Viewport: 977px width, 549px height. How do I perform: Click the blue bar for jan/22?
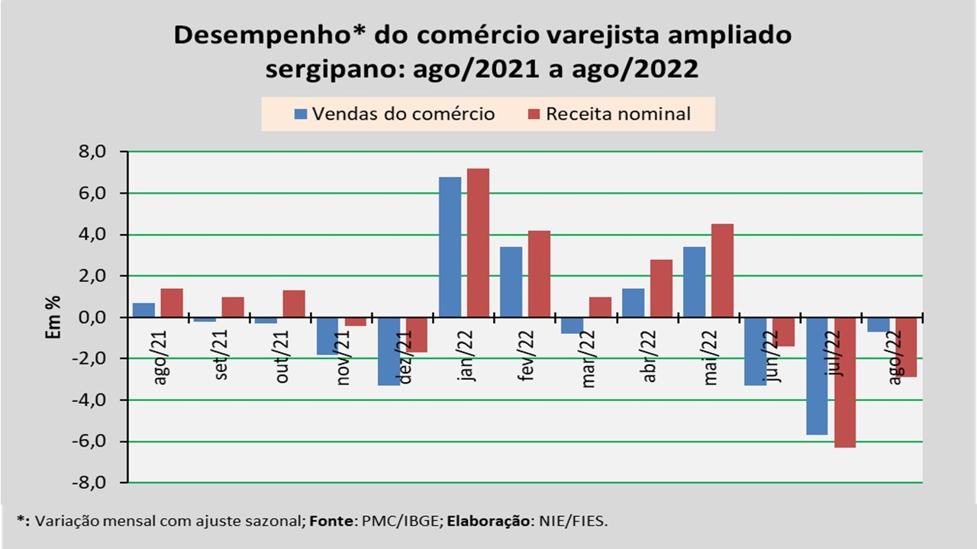click(x=450, y=247)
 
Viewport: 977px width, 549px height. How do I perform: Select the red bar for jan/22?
click(x=478, y=242)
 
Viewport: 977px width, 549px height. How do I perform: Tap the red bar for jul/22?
click(x=845, y=382)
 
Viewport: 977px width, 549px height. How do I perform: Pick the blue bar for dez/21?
click(x=389, y=351)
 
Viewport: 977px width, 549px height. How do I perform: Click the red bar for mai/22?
click(x=722, y=270)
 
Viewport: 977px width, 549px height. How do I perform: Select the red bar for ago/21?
click(x=172, y=303)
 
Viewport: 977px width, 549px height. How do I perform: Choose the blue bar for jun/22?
click(x=755, y=351)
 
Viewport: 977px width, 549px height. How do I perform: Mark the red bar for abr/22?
click(x=661, y=288)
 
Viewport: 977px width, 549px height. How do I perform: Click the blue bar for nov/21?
click(x=327, y=335)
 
